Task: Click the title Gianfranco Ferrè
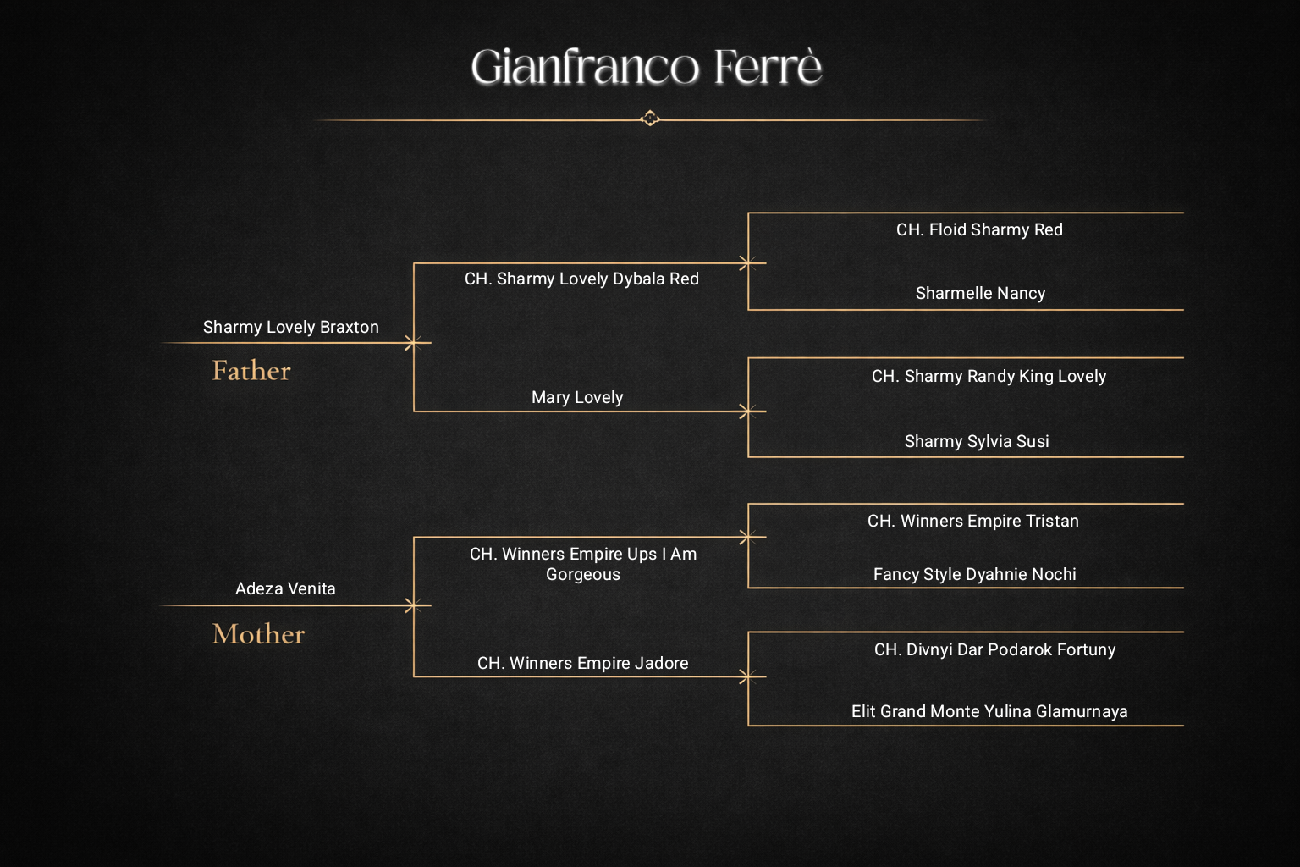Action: point(646,66)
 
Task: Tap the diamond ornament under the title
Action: point(650,119)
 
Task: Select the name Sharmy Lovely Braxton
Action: point(291,327)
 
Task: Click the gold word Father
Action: point(251,371)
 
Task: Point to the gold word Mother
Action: point(258,633)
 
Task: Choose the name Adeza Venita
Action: point(285,588)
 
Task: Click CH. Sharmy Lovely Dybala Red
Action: point(581,279)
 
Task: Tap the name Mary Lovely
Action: point(577,397)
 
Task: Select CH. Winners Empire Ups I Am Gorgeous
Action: point(583,564)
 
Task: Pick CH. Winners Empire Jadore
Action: point(582,663)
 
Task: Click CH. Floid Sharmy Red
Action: point(979,230)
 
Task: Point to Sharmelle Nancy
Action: point(981,293)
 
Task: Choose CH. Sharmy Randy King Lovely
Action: point(989,376)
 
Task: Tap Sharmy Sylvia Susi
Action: point(977,441)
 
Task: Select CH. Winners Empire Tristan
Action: point(973,521)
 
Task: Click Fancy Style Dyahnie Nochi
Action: point(974,574)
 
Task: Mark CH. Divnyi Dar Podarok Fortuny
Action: point(994,649)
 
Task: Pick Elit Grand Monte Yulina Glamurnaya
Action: point(989,711)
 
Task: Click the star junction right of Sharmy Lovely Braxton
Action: point(413,343)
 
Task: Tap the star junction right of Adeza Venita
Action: point(413,605)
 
